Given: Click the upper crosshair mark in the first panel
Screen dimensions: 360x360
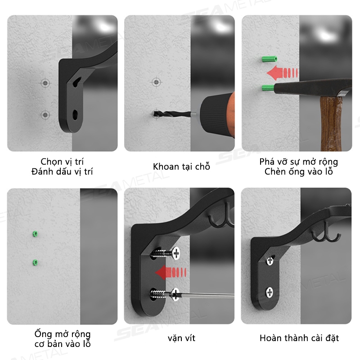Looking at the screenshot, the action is click(45, 83).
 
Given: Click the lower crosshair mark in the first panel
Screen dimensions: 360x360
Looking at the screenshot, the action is click(45, 115).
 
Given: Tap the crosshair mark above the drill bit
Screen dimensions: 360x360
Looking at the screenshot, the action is click(156, 82).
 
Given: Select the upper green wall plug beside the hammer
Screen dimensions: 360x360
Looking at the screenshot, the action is click(269, 59).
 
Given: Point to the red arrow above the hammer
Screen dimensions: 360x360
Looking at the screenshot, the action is click(282, 73).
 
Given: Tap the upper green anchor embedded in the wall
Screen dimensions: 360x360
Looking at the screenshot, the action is click(35, 234).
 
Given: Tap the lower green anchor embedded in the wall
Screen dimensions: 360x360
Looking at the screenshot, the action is click(35, 262).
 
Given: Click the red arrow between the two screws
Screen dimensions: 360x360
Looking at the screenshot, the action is click(171, 273).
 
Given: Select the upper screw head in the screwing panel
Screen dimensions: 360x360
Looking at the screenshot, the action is click(176, 253).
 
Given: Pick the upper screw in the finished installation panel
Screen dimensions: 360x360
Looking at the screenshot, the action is click(270, 261).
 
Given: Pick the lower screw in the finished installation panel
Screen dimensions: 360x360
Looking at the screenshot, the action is click(269, 292).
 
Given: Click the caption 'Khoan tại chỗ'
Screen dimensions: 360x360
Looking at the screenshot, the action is click(181, 166).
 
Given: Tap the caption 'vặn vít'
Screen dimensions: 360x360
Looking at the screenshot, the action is click(181, 338).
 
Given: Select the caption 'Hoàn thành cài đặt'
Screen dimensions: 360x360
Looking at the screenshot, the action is click(299, 338).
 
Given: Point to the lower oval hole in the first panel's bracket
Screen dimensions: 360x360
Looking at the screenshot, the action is click(75, 115).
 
